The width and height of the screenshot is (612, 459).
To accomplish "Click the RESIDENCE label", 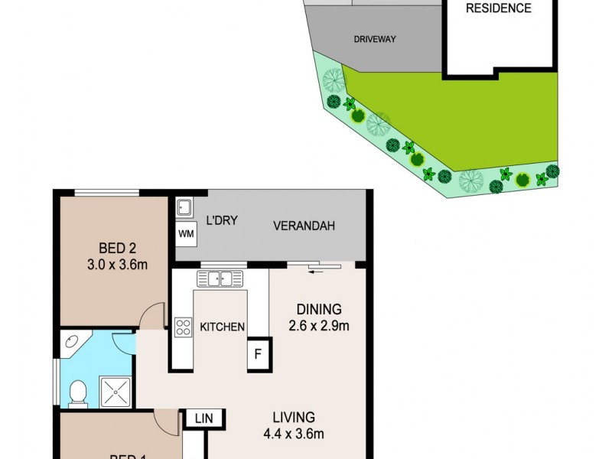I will pos(499,8).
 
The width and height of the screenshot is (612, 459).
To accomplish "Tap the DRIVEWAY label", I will pos(375,39).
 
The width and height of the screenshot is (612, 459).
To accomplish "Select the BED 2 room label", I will pos(118,248).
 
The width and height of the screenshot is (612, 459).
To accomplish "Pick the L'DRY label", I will pos(222,221).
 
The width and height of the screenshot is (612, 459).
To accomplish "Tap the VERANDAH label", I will pos(305,226).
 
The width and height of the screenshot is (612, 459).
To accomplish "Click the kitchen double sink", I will pos(220,278).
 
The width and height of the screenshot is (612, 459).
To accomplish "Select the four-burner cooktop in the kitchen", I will pos(184,327).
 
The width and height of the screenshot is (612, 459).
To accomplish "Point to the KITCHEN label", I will pos(222,327).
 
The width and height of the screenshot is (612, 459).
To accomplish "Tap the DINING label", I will pos(318,310).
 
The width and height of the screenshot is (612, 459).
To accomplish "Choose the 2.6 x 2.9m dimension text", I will pos(318,327).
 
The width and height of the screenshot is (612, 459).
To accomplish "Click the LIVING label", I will pos(294,418).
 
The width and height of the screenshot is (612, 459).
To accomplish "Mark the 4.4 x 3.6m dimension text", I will pos(294,435).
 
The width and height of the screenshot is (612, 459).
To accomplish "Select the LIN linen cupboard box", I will pos(203,418).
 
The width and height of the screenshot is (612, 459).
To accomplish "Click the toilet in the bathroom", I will pos(76,393).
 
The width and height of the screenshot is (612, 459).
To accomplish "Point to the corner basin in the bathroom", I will pos(73,343).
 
